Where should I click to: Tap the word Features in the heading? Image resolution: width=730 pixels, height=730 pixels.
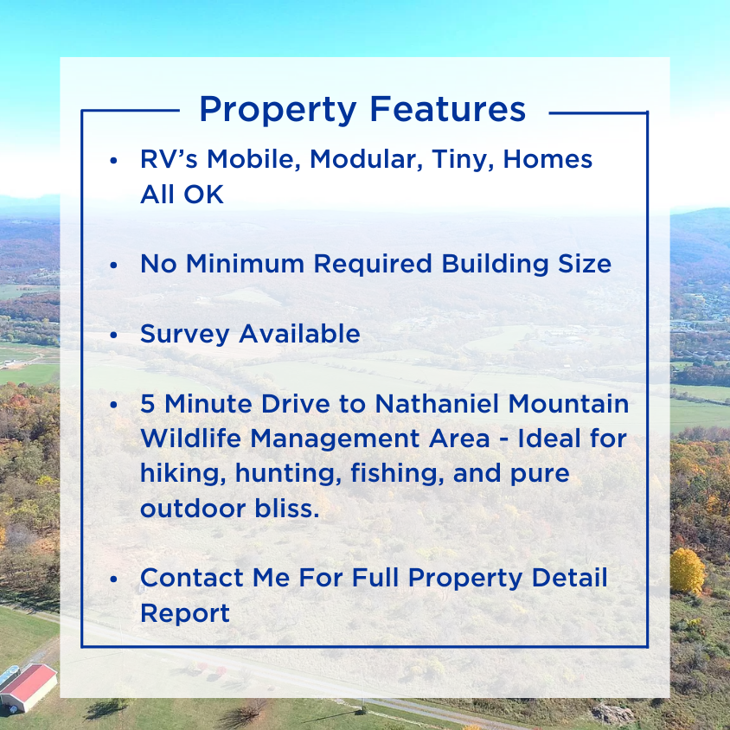(447, 110)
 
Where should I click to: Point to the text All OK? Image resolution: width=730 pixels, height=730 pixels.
(182, 195)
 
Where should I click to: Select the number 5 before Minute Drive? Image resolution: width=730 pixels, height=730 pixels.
(148, 404)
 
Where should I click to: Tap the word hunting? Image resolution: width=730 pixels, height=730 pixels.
(272, 474)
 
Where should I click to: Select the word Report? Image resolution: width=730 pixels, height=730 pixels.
(185, 613)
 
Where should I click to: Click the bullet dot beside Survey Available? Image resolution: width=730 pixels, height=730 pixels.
(114, 335)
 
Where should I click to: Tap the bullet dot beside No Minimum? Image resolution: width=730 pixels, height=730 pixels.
(114, 265)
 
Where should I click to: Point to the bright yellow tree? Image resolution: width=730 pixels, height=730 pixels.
(688, 570)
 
